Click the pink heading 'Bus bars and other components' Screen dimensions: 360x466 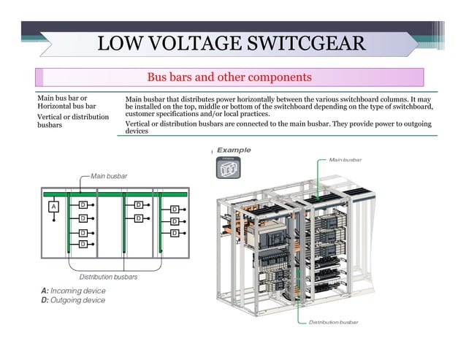tap(229, 77)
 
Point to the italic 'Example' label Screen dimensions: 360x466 tap(234, 150)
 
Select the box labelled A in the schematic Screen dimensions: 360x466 tap(53, 207)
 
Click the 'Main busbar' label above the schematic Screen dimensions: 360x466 tap(109, 176)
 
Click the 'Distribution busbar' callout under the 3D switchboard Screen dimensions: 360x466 tap(333, 322)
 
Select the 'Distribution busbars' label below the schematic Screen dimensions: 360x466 tap(108, 277)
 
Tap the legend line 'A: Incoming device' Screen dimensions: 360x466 tap(73, 291)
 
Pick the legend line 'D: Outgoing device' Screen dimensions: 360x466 tap(73, 300)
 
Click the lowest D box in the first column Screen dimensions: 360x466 tap(83, 243)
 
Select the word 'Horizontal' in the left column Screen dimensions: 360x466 tap(57, 106)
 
